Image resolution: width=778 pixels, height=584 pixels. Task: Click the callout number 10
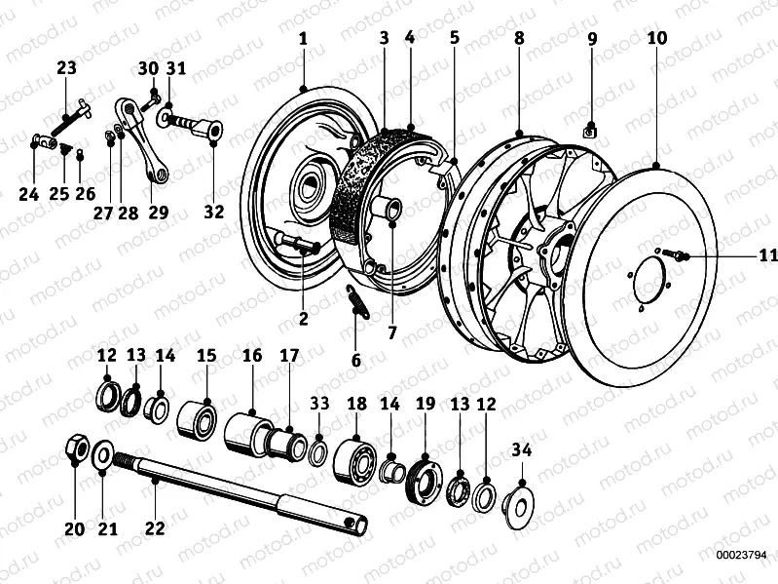655,39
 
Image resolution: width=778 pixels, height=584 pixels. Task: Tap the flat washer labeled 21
102,454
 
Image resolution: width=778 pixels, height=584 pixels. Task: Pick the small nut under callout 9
590,128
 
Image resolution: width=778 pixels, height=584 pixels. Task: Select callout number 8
519,39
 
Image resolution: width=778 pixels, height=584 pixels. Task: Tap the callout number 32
212,212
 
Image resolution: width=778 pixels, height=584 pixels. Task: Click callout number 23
66,68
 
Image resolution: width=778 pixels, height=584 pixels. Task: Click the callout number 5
454,39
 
